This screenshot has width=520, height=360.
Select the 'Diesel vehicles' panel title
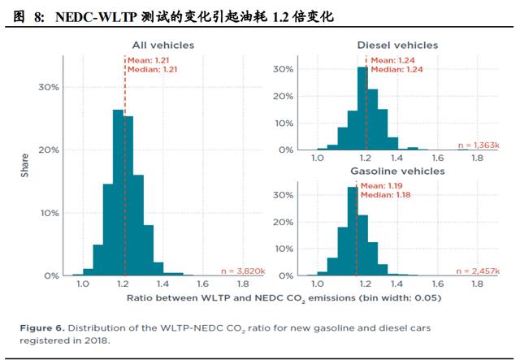click(397, 46)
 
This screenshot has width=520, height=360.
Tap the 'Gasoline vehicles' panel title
click(397, 171)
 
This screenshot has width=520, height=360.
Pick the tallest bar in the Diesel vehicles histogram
click(362, 109)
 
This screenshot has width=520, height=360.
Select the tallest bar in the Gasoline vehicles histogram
click(353, 232)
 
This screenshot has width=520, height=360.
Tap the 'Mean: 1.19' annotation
click(382, 186)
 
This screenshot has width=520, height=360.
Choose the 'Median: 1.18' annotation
click(384, 196)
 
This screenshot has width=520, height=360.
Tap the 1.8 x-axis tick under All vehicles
click(242, 284)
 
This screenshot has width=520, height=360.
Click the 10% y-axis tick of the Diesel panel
click(284, 124)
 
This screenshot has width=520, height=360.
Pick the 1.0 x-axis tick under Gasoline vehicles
click(318, 284)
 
